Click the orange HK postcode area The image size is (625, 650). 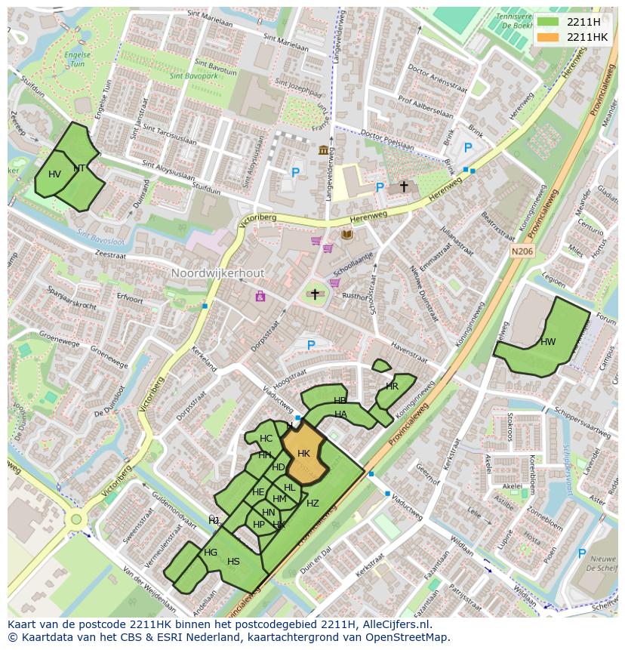click(x=303, y=455)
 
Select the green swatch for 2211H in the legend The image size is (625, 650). click(x=549, y=22)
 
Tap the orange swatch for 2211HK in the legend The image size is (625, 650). click(x=549, y=37)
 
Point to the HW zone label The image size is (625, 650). click(x=548, y=342)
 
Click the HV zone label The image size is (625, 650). click(x=54, y=174)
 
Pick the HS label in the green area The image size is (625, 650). click(x=233, y=561)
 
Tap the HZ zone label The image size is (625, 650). click(x=312, y=504)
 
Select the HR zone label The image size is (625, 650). click(x=392, y=386)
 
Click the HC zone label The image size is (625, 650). click(x=266, y=439)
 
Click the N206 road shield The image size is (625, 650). click(x=520, y=251)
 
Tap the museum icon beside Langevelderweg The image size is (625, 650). click(x=324, y=149)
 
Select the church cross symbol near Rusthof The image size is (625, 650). click(x=315, y=294)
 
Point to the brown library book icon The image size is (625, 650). click(x=346, y=236)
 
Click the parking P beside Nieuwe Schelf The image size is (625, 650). click(x=581, y=553)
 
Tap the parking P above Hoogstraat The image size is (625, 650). click(x=310, y=345)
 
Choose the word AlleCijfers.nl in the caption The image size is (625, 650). click(x=393, y=624)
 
